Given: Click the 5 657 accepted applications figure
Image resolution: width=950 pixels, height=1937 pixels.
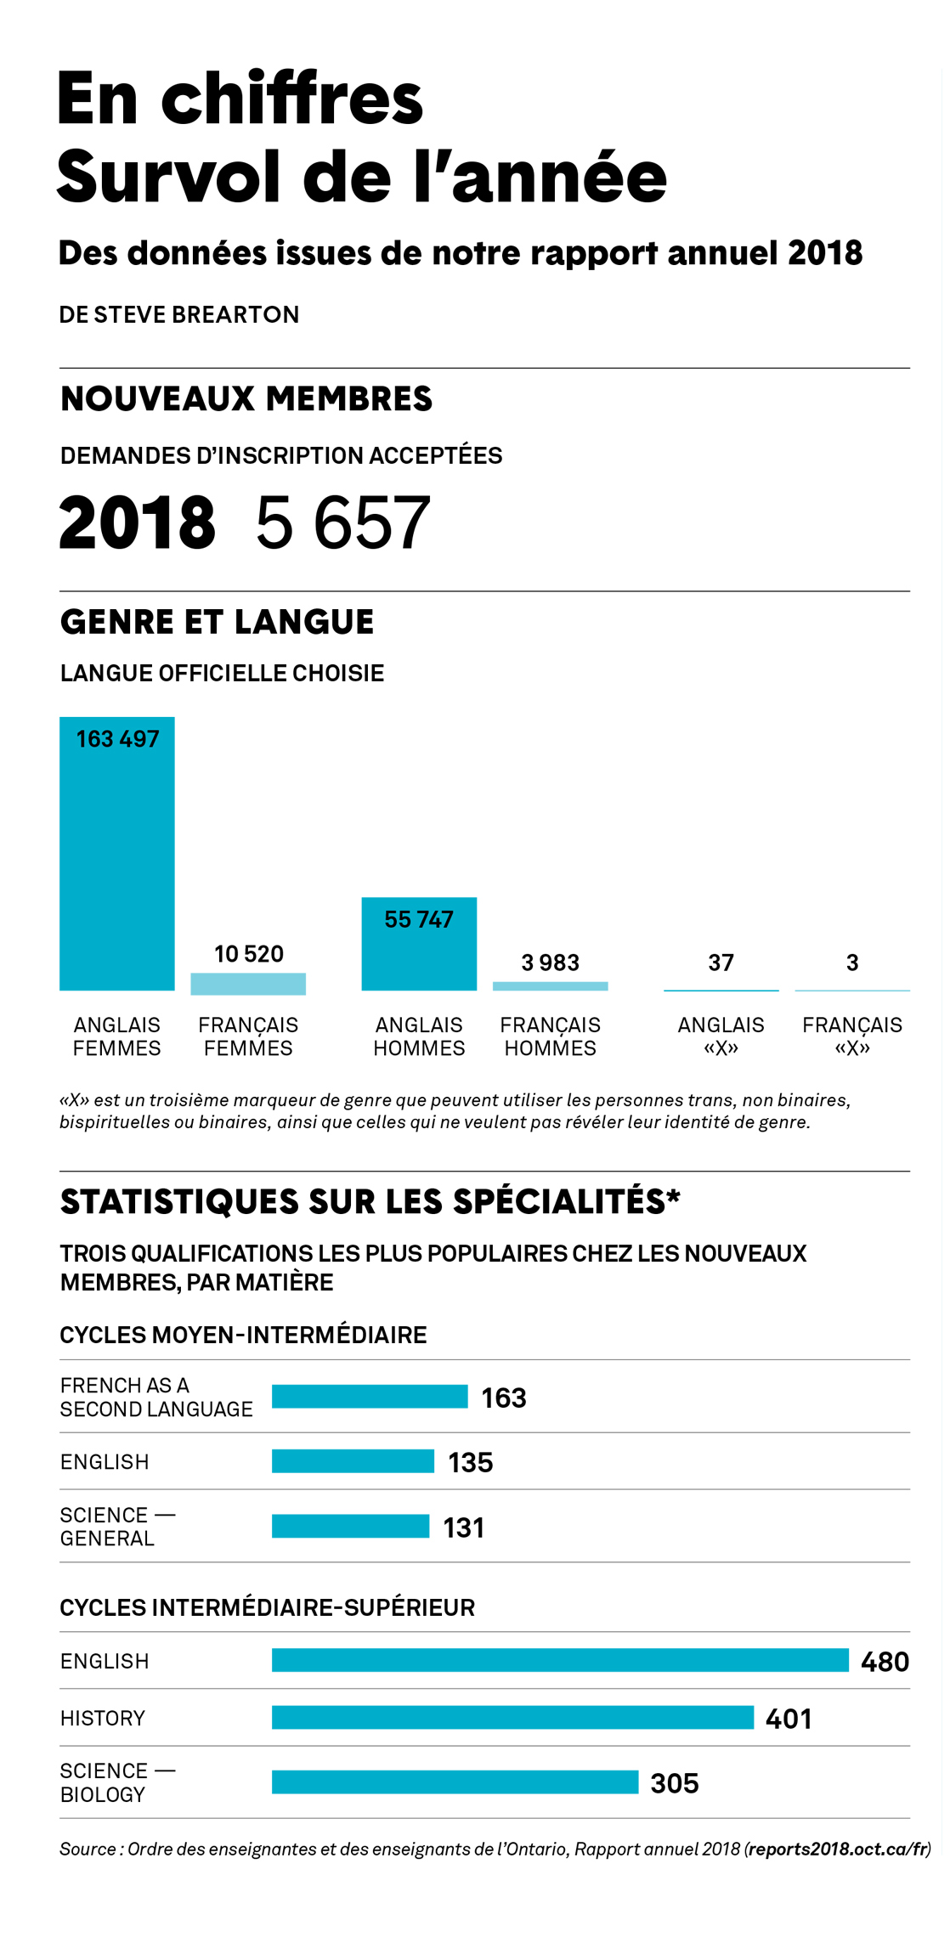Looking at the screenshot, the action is [x=343, y=522].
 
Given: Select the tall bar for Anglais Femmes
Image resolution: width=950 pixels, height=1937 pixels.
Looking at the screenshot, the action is [x=117, y=854].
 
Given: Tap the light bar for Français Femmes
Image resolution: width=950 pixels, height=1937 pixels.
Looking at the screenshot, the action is [x=248, y=984].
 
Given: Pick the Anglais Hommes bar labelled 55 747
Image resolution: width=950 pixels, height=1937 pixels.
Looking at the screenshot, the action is [x=419, y=944].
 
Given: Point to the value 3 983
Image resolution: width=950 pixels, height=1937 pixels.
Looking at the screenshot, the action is [x=551, y=963].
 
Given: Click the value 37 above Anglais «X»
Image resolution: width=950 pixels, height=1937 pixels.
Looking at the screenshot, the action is [x=721, y=963].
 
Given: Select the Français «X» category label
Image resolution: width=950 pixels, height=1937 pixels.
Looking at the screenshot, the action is [x=852, y=1036].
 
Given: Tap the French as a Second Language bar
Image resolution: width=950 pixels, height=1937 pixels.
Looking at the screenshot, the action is [x=370, y=1396].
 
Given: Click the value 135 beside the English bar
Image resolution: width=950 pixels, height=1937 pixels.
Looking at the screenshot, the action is [x=471, y=1462].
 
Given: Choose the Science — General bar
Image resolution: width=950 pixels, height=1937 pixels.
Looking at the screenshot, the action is [x=350, y=1526].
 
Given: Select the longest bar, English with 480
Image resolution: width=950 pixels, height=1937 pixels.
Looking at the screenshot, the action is [x=560, y=1660].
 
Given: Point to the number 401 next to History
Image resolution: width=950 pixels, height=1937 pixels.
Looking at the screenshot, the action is [x=789, y=1719].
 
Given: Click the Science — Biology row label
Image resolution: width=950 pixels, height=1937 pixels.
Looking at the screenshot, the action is [x=117, y=1782].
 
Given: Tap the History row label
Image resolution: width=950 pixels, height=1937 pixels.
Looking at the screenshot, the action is [x=103, y=1718].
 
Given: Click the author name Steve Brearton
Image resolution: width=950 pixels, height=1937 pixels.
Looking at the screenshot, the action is [x=196, y=314].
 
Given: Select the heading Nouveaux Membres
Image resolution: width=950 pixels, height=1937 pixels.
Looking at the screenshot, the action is [x=246, y=398].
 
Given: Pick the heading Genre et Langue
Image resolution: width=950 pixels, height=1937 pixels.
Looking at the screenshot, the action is [x=217, y=622].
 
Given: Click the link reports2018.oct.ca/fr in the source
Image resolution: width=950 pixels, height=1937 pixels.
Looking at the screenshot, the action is [x=838, y=1849].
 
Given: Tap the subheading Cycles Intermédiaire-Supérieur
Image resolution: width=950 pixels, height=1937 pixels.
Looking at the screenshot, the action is [x=267, y=1607].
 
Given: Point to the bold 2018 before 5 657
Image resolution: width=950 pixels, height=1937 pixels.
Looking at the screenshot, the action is [x=137, y=522].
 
